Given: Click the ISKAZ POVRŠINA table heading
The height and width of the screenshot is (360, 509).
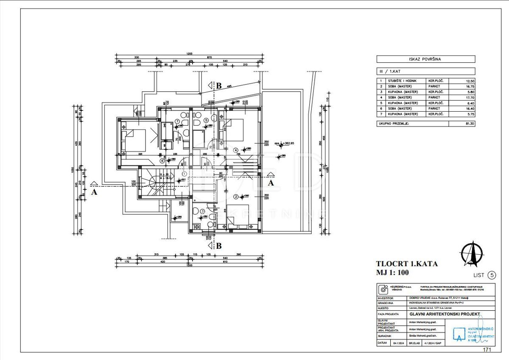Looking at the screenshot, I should [425, 59].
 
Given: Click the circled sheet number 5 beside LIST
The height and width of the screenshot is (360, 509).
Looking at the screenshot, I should [492, 275].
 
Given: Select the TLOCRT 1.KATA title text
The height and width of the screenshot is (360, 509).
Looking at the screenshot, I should [407, 264].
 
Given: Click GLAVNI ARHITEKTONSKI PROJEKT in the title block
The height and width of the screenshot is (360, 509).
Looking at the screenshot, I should [445, 314].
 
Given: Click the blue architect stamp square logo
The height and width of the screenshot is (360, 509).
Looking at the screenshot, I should [459, 335].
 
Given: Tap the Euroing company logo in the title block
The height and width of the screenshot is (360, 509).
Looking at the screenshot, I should [383, 290].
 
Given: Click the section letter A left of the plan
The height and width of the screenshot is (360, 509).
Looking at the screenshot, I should [94, 192].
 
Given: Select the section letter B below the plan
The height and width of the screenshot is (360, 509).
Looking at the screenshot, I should [219, 245].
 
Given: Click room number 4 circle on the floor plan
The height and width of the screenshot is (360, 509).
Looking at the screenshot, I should [236, 150].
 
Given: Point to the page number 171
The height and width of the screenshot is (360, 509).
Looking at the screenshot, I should [487, 350].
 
